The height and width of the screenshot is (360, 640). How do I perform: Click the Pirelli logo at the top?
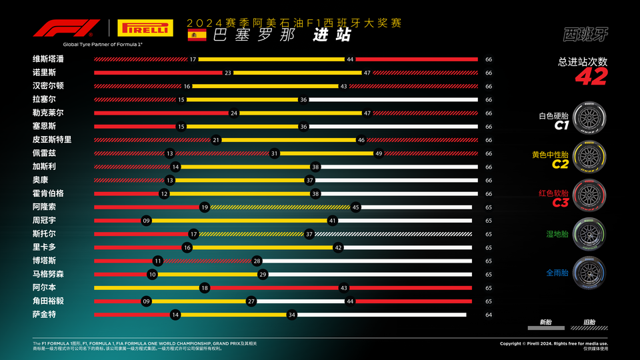click(x=143, y=29)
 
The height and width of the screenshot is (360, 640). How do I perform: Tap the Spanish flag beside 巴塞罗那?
click(x=197, y=35)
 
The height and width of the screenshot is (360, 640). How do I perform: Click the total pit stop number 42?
click(x=591, y=77)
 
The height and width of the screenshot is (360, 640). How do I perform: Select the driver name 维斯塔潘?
click(x=49, y=59)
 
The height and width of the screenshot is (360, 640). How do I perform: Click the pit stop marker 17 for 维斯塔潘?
click(x=193, y=59)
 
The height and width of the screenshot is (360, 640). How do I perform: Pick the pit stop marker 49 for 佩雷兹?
click(x=379, y=153)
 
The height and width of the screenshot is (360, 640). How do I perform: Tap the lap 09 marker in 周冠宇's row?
click(x=146, y=221)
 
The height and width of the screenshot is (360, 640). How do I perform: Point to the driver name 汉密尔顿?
click(x=49, y=86)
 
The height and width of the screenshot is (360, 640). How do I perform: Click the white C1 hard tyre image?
click(x=589, y=120)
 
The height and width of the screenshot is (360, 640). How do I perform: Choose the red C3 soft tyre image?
click(x=589, y=194)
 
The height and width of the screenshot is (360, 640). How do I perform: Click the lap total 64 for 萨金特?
click(x=489, y=315)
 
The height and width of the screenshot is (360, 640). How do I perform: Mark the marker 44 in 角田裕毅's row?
click(x=349, y=301)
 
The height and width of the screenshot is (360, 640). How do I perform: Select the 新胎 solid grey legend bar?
click(x=545, y=329)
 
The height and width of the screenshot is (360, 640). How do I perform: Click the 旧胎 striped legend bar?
click(x=589, y=329)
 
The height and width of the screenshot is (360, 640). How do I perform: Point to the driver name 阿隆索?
click(x=44, y=207)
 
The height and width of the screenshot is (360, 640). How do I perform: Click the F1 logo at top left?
click(x=67, y=29)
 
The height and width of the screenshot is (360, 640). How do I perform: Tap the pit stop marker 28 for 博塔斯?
click(x=257, y=261)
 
